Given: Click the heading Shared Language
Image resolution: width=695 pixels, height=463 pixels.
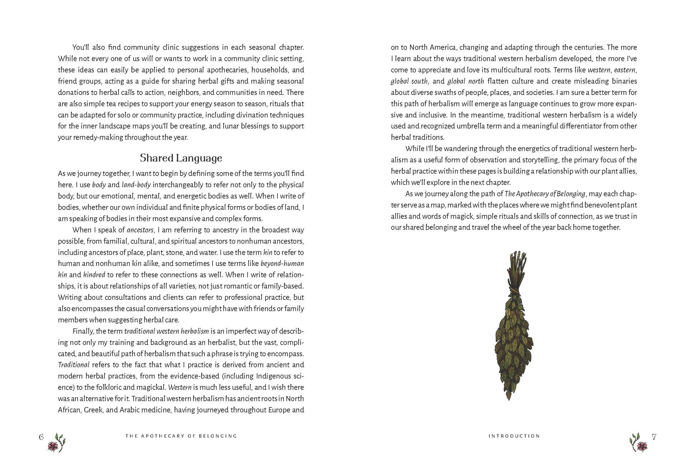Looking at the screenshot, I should [x=181, y=158].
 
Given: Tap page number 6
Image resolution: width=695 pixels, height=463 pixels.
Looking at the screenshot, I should [x=41, y=437].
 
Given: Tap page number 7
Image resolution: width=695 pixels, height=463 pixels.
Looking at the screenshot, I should [x=654, y=437].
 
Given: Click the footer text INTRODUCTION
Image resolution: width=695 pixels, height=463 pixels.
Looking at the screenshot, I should [x=514, y=436].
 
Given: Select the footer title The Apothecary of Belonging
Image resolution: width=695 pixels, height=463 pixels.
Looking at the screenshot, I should [x=181, y=436].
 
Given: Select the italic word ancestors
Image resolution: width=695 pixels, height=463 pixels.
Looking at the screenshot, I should [x=140, y=230].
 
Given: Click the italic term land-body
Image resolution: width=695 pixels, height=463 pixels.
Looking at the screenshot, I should [x=136, y=185].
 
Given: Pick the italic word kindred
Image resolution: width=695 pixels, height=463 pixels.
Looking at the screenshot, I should [x=94, y=275].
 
